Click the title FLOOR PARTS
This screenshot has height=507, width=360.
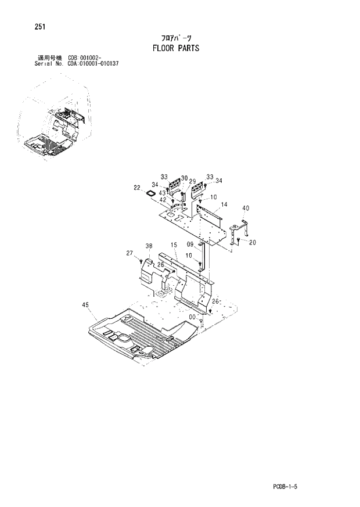click(176, 48)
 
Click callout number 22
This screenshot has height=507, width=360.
click(137, 188)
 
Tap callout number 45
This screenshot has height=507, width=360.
click(85, 304)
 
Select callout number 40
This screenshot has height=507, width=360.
click(246, 208)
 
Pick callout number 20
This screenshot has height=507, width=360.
click(253, 243)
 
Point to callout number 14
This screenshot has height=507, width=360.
click(224, 204)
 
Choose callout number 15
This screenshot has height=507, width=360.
click(174, 246)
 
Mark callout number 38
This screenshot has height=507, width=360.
click(149, 246)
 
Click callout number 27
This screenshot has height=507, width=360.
click(129, 253)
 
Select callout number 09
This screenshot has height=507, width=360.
click(190, 244)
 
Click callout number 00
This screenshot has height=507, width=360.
click(191, 317)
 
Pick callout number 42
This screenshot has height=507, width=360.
click(163, 200)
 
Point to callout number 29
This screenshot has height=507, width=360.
click(192, 182)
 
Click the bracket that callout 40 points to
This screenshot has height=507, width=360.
click(239, 229)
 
